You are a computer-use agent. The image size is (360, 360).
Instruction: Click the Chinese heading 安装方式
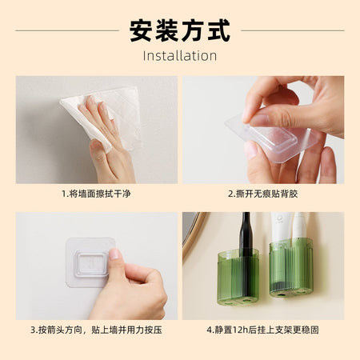coord(180,30)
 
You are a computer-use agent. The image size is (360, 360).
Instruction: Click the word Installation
coord(180,56)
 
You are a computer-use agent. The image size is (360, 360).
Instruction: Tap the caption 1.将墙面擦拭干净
coord(96,194)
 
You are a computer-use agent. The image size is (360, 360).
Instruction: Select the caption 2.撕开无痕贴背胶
coord(263,194)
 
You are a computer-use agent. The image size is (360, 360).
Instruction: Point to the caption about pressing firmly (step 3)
coord(96,330)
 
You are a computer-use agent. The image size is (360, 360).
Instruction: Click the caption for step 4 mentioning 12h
coord(263,330)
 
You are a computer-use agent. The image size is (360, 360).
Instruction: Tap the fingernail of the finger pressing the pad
coord(115,254)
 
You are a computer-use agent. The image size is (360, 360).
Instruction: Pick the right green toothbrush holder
coord(291,267)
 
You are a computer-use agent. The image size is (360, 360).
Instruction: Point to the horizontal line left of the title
coord(67,30)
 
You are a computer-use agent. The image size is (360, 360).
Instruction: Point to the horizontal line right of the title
coord(293,30)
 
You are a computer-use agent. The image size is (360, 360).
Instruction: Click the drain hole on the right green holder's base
coord(280,294)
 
